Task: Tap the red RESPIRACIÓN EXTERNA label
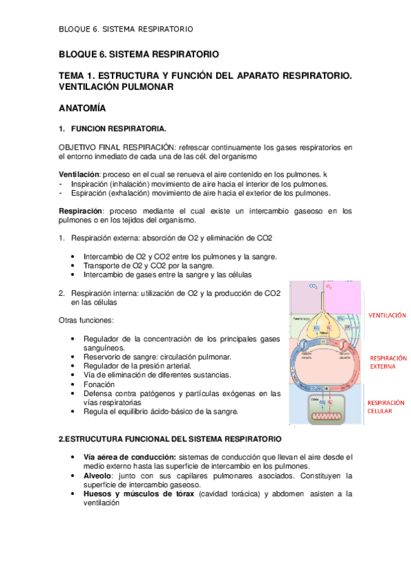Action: click(x=388, y=362)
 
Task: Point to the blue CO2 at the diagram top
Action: click(x=313, y=286)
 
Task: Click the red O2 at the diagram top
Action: click(x=329, y=286)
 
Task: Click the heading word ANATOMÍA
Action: click(x=82, y=108)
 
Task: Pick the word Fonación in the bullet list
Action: click(x=99, y=384)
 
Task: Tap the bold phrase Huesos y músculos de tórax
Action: click(x=138, y=493)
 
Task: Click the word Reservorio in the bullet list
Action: click(x=104, y=357)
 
